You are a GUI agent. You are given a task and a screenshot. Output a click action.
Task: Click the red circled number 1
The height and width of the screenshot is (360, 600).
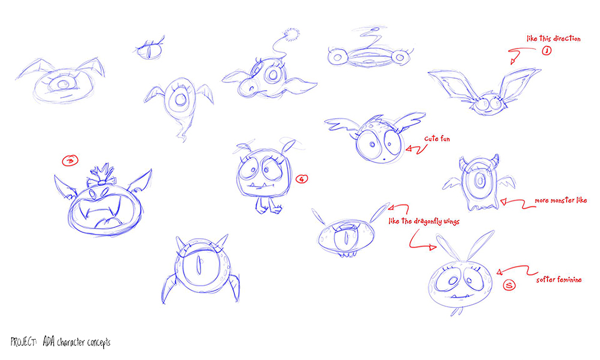tap(547, 51)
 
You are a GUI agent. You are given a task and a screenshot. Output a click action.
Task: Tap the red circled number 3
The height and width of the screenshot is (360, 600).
tap(70, 161)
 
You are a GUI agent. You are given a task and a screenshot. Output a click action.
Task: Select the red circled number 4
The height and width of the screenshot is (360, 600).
tap(302, 179)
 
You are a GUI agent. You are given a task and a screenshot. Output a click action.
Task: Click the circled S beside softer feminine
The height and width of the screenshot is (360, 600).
tap(509, 285)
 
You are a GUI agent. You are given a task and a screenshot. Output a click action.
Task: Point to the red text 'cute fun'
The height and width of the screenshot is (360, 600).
tap(437, 139)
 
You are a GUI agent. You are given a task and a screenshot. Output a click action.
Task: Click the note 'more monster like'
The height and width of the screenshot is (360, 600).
tap(561, 200)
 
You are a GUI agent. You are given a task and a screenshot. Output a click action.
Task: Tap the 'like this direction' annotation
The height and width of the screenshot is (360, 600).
tap(554, 38)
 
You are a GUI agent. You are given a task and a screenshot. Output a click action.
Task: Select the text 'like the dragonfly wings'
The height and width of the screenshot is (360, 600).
tap(424, 221)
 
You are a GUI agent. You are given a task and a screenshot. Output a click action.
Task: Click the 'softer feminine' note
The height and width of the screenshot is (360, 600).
tap(559, 280)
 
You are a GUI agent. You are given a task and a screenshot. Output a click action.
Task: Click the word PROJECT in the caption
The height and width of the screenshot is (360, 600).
tap(23, 342)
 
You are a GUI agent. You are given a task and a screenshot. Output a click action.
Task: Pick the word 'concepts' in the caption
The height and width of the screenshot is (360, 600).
tap(99, 343)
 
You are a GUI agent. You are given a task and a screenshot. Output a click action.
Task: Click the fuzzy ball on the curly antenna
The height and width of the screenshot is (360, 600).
tap(292, 35)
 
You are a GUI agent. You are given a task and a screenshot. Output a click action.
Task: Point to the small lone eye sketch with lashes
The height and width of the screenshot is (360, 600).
tap(150, 49)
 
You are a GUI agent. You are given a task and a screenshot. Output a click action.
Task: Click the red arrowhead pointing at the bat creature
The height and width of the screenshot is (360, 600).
tap(513, 61)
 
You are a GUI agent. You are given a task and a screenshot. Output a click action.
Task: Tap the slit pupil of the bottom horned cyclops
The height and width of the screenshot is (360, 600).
tap(198, 265)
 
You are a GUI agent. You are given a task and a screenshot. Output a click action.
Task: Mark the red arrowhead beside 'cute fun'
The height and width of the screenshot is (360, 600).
tap(409, 149)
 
